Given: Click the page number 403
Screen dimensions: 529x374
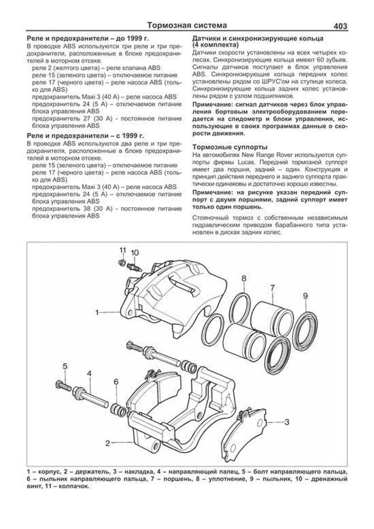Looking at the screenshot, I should pyautogui.click(x=340, y=26).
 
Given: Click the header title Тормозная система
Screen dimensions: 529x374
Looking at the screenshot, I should pyautogui.click(x=187, y=25).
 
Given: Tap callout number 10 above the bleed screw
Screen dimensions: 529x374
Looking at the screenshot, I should pyautogui.click(x=135, y=252).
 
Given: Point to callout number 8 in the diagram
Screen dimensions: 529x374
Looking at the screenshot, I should pyautogui.click(x=244, y=278).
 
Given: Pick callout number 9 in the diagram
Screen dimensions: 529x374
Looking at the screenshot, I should pyautogui.click(x=305, y=296).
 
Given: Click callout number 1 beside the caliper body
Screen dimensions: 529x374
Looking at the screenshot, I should pyautogui.click(x=97, y=312).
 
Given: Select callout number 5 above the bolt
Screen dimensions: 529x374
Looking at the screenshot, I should pyautogui.click(x=65, y=366).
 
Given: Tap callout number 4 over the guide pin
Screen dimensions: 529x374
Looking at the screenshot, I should pyautogui.click(x=89, y=373).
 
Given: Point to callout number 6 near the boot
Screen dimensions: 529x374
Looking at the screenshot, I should pyautogui.click(x=116, y=382).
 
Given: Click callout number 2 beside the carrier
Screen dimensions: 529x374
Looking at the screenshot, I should pyautogui.click(x=108, y=443).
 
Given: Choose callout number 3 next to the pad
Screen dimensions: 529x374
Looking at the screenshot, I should pyautogui.click(x=287, y=422).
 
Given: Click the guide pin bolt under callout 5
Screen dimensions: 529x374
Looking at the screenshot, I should pyautogui.click(x=64, y=385).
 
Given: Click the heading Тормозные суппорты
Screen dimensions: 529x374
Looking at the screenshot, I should pyautogui.click(x=230, y=147).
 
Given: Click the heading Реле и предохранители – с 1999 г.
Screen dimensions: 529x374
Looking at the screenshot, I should pyautogui.click(x=85, y=136).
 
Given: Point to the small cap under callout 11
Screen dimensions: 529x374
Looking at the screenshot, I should pyautogui.click(x=122, y=262).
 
